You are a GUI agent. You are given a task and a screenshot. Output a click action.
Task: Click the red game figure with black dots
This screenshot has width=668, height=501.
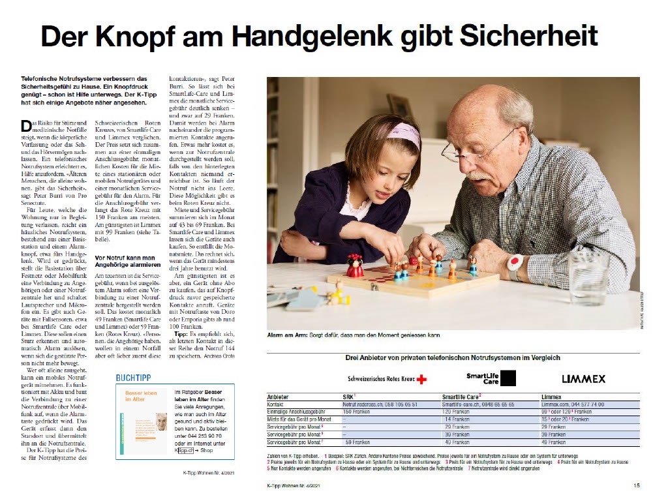(355, 266)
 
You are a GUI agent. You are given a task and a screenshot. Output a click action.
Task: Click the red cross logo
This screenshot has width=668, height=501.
(421, 379)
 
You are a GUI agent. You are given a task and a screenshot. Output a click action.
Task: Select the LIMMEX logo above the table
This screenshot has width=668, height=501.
(583, 378)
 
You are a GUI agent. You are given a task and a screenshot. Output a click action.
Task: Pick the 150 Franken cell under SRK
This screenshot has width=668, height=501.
(357, 412)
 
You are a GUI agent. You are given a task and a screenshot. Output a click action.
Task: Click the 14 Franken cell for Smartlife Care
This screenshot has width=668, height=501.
(457, 419)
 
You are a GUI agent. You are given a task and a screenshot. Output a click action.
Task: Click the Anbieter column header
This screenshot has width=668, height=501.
(280, 397)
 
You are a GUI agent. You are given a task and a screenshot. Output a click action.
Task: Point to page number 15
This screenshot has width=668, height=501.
(637, 485)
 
